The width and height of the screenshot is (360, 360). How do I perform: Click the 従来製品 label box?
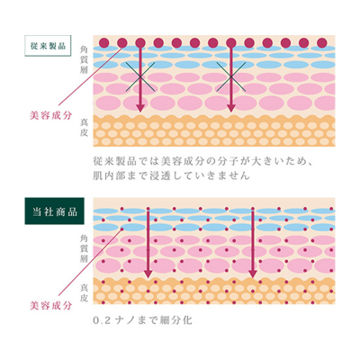click(48, 46)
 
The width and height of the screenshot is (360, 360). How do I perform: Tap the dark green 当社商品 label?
click(54, 211)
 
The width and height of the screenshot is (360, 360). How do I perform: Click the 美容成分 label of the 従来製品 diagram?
click(50, 115)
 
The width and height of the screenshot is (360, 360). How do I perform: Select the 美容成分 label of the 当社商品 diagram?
click(50, 306)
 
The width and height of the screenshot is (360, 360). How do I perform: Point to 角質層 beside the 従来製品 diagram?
click(84, 59)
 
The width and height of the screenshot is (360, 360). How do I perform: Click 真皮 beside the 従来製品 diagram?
click(84, 128)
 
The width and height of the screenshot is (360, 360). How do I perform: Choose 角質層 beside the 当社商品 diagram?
click(84, 249)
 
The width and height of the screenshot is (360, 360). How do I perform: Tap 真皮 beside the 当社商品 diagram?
click(84, 292)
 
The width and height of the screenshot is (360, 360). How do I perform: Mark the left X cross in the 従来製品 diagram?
click(140, 76)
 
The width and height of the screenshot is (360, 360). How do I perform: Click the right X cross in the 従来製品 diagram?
click(230, 76)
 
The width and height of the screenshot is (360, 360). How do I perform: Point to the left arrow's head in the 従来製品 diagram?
click(140, 108)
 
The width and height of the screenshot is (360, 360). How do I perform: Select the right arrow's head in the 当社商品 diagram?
click(253, 274)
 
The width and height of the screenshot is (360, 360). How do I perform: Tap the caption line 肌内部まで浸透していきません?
click(171, 175)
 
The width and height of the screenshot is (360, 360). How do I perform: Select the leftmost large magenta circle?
click(103, 43)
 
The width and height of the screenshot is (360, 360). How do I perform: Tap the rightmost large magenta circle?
click(321, 43)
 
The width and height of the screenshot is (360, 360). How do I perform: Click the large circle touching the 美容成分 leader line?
click(122, 43)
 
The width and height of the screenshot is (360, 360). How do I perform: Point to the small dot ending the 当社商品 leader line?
click(122, 229)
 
